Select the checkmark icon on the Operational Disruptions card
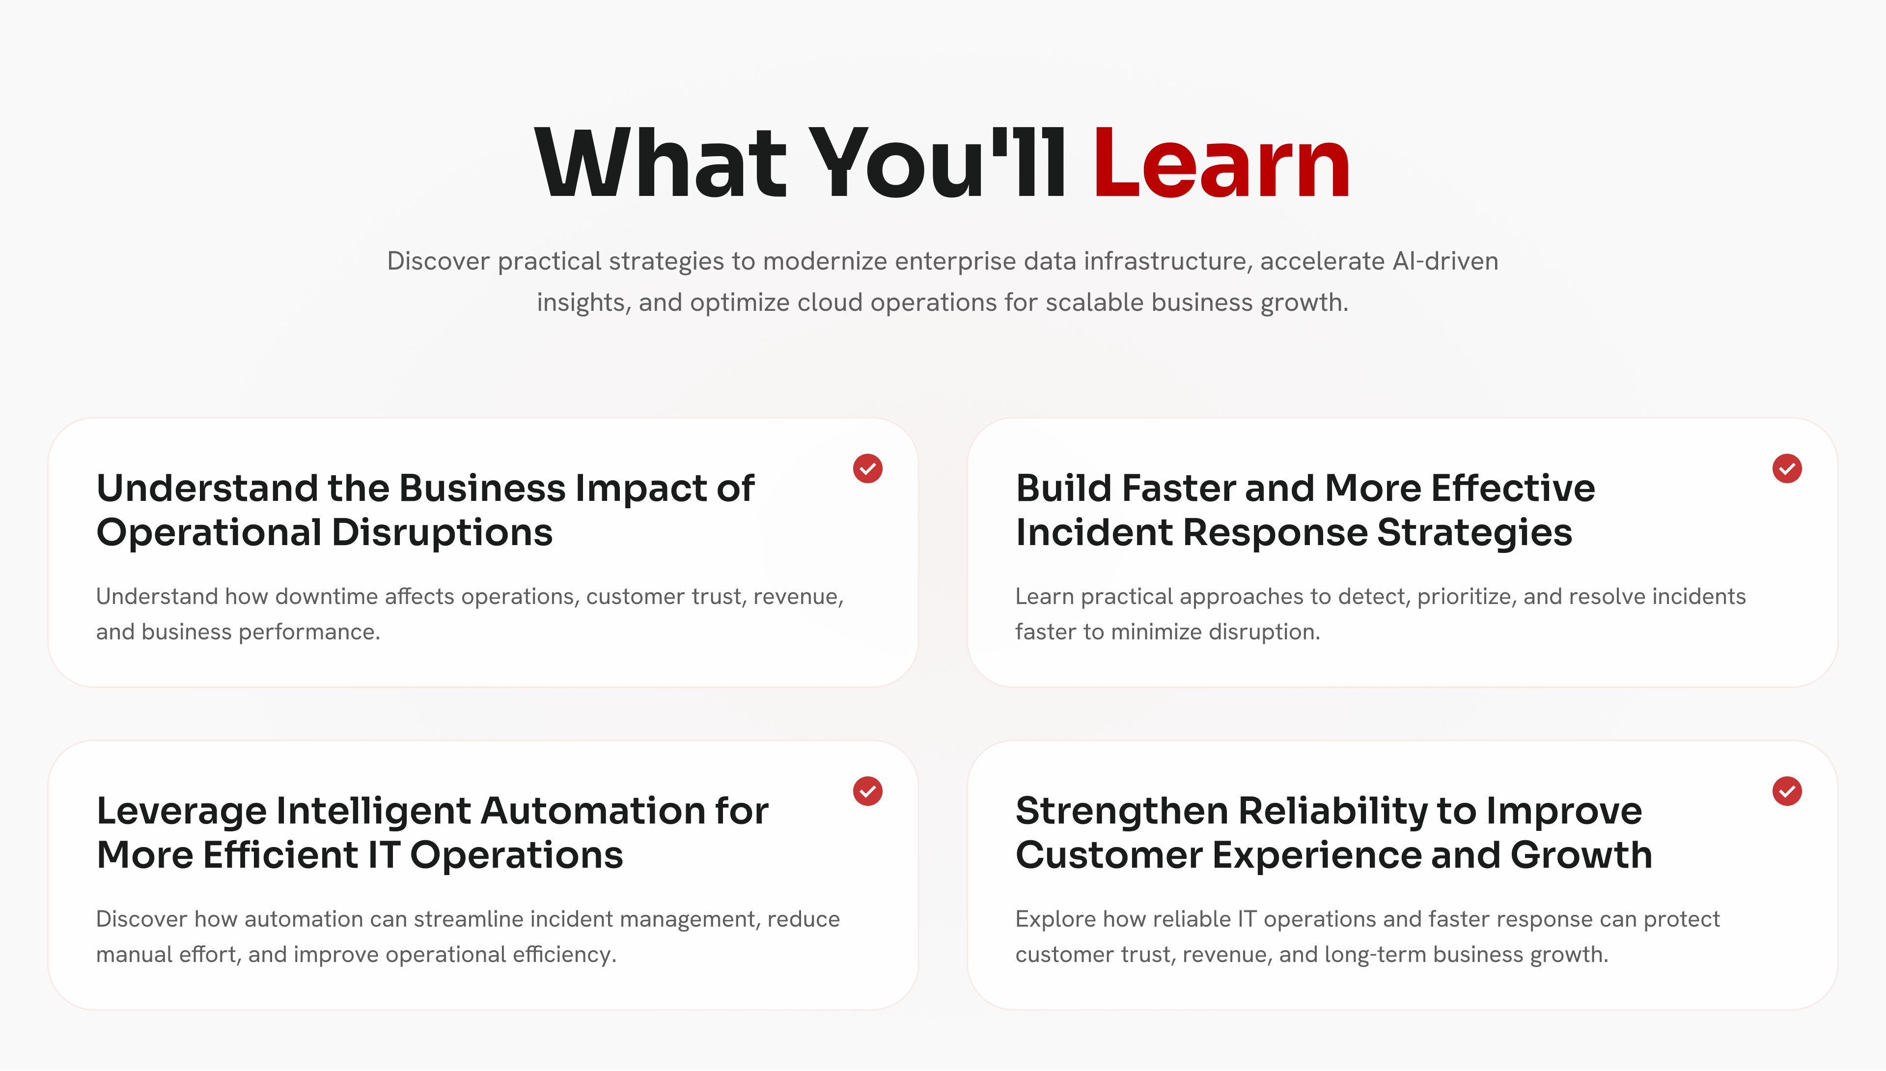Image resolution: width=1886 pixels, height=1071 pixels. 868,468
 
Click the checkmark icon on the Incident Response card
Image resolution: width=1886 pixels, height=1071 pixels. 1787,468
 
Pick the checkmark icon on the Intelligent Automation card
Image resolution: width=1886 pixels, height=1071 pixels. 868,792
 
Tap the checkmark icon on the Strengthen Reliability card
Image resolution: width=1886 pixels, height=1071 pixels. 1787,792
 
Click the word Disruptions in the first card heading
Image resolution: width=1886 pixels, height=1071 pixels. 442,533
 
